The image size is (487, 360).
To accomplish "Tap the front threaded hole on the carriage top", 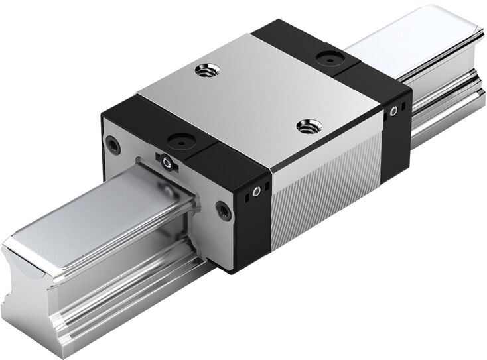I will [308, 125].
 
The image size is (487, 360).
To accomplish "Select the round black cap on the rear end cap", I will [328, 58].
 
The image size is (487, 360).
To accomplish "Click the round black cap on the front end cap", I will [179, 140].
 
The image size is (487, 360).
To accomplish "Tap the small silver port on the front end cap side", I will [255, 192].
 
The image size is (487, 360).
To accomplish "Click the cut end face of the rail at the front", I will [27, 292].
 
